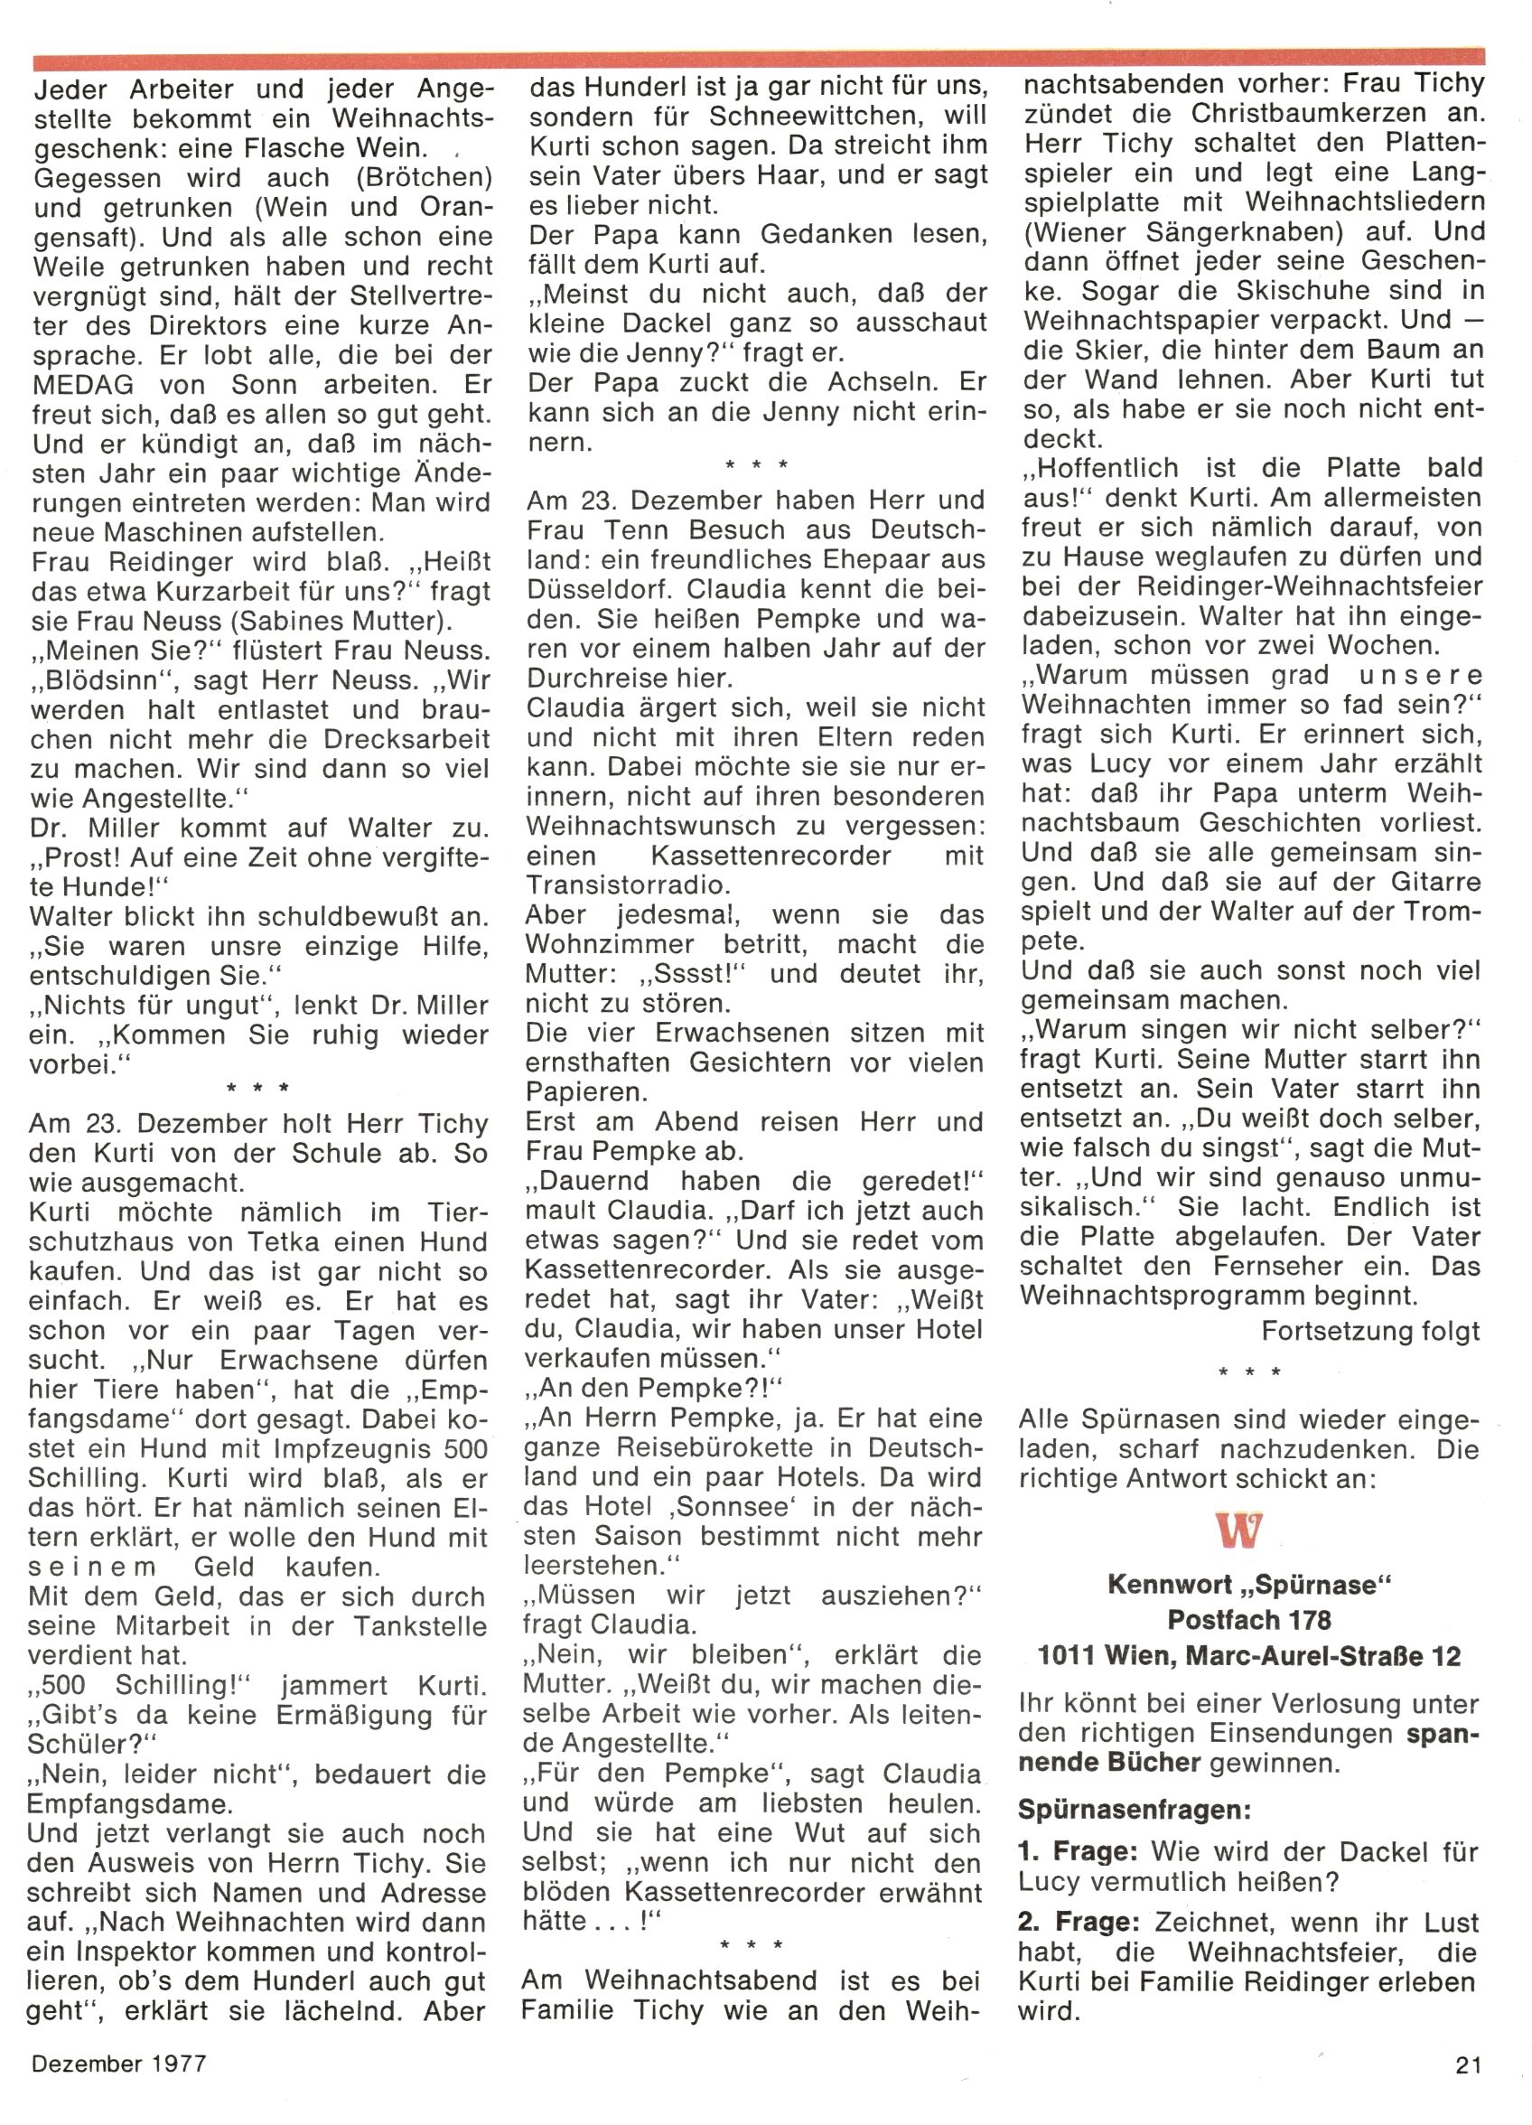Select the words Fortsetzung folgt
pyautogui.click(x=1371, y=1331)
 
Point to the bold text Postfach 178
pyautogui.click(x=1249, y=1619)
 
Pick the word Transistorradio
pyautogui.click(x=629, y=885)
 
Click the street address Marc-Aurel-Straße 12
pyautogui.click(x=1323, y=1655)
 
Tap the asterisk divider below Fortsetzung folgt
pyautogui.click(x=1249, y=1372)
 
